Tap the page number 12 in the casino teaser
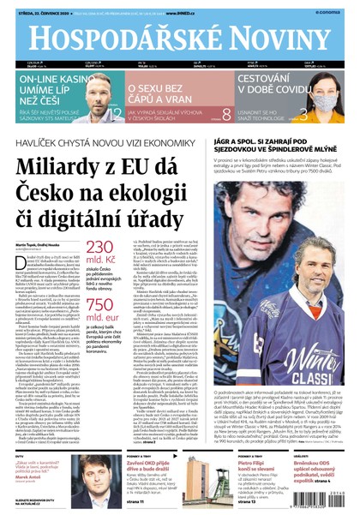coord(115,111)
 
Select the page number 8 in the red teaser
coord(226,112)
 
